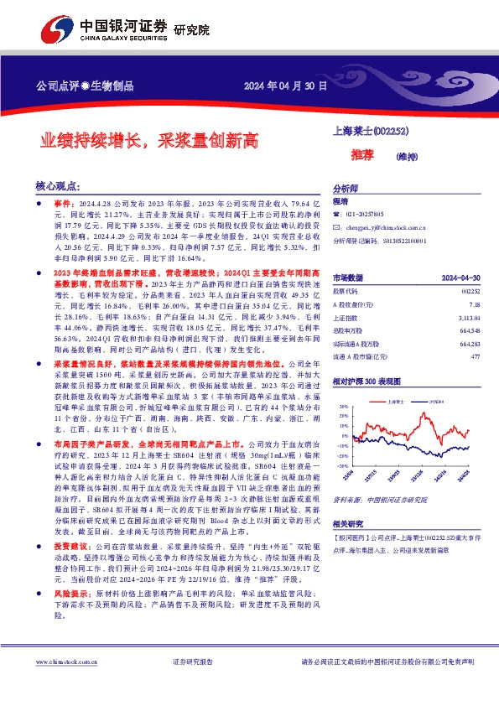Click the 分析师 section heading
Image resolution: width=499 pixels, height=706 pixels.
(x=346, y=189)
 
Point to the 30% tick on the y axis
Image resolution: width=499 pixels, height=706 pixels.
(x=343, y=406)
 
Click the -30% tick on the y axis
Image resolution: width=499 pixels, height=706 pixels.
(x=342, y=465)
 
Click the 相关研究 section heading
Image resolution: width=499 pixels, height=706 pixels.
(x=349, y=522)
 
